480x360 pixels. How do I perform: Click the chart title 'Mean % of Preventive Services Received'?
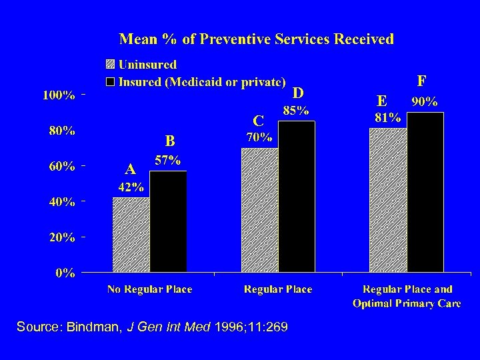point(256,39)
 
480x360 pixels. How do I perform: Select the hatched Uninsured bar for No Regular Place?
point(131,235)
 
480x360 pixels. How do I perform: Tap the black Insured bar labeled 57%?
point(168,221)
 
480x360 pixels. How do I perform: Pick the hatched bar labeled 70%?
point(259,210)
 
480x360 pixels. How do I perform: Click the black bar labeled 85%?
point(297,197)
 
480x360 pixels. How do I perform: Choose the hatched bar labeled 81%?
point(388,200)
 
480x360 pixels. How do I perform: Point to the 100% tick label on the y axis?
point(59,95)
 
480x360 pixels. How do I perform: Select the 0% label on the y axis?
point(65,273)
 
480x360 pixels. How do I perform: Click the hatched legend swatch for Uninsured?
point(110,65)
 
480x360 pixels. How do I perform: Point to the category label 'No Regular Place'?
point(150,289)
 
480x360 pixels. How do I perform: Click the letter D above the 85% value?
point(298,92)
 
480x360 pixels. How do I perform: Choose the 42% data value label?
point(131,187)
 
